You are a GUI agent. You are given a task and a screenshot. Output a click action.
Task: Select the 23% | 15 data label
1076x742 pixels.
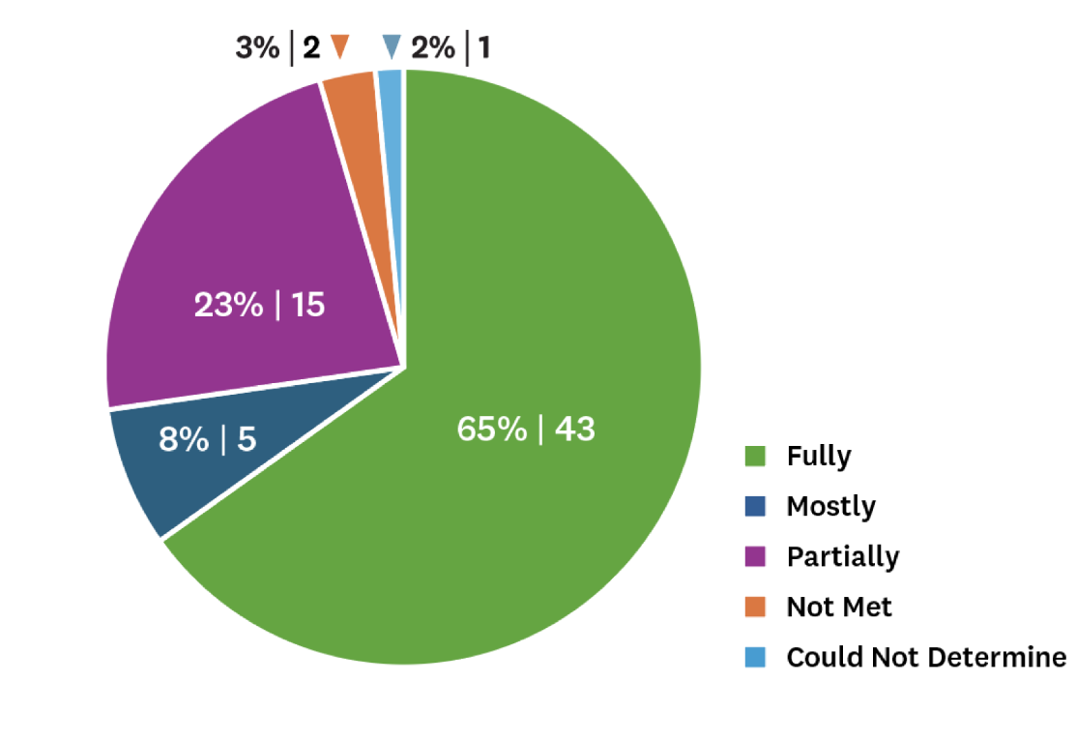259,306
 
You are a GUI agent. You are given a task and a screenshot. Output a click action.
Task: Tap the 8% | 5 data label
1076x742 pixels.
207,440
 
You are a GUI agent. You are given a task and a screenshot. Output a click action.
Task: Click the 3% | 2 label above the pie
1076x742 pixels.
277,47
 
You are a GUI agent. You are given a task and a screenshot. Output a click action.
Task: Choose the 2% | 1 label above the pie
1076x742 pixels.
451,47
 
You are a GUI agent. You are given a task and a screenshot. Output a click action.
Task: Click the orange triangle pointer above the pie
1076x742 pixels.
339,46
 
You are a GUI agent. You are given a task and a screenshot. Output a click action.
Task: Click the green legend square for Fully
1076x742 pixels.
755,455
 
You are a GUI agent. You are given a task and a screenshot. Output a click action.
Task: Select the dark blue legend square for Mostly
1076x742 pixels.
755,505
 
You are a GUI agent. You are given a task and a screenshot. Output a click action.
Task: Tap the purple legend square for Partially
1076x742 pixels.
755,556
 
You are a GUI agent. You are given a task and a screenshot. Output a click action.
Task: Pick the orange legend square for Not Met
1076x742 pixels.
755,607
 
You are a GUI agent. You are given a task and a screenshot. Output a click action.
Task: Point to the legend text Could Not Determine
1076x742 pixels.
926,658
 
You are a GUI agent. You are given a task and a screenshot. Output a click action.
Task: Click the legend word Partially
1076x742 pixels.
842,557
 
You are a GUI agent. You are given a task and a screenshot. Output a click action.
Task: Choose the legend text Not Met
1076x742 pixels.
838,607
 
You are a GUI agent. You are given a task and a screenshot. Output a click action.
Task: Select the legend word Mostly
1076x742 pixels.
830,506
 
